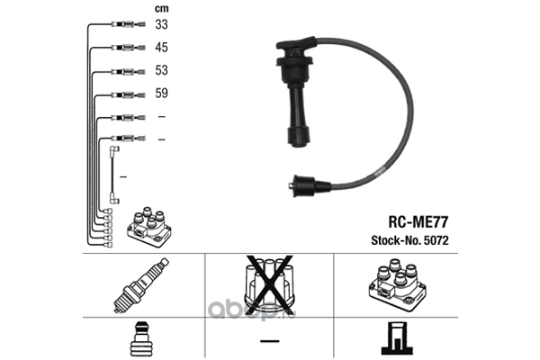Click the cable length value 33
click(x=161, y=24)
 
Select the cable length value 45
click(x=161, y=47)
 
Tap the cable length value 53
click(x=161, y=70)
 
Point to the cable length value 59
click(x=161, y=93)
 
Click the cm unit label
click(x=161, y=9)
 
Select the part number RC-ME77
click(x=418, y=222)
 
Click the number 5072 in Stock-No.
click(x=436, y=240)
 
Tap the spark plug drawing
click(x=141, y=285)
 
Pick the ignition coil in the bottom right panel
click(x=397, y=285)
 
